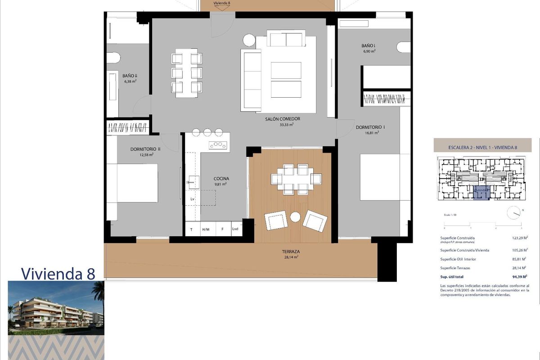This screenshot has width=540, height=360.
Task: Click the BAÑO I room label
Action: point(368,46)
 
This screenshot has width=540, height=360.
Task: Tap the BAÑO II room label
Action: point(130,76)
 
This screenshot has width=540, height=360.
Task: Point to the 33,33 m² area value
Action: point(286,125)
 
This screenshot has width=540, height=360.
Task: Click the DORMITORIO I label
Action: point(370,127)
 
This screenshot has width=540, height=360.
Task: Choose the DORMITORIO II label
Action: point(145,148)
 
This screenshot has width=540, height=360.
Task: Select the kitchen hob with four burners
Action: point(218,145)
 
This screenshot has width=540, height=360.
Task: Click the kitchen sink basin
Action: point(191,183)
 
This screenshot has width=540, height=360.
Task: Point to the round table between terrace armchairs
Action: point(295,217)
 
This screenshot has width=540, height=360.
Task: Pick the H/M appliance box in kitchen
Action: point(206,229)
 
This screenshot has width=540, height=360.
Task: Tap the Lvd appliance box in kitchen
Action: point(235,229)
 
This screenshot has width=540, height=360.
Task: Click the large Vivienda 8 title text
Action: point(58,273)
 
